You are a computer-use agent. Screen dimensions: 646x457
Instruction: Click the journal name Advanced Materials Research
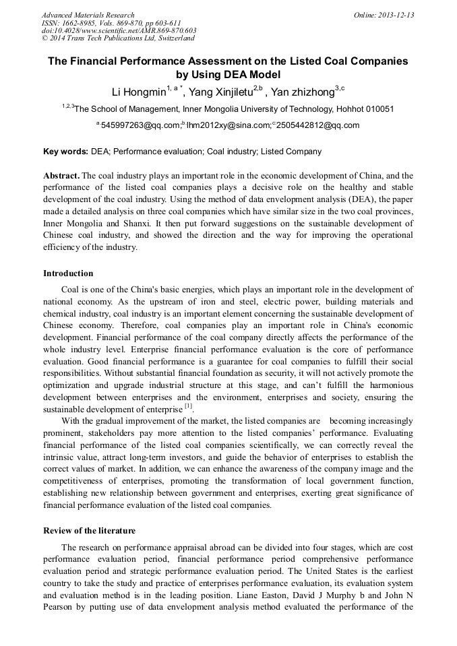(88, 15)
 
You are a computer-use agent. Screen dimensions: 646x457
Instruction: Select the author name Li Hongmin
(138, 91)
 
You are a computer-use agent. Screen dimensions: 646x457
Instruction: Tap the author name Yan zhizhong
(303, 91)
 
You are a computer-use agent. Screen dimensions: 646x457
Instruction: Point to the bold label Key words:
(65, 152)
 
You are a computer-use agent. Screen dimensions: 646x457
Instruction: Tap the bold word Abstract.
(61, 176)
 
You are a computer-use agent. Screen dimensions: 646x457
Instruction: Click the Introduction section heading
(68, 273)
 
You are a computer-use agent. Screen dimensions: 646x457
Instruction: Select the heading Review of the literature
(90, 531)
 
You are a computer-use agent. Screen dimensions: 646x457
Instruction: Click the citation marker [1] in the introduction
(189, 406)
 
